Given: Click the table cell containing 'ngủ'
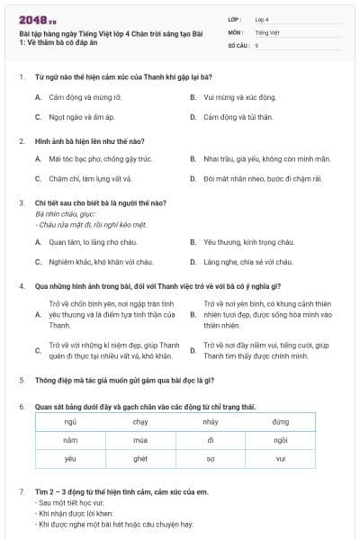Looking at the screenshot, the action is (x=70, y=421).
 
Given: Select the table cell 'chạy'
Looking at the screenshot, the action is (x=140, y=421).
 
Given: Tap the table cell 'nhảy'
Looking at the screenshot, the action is (x=211, y=421).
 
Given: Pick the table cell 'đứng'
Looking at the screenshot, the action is (x=280, y=421).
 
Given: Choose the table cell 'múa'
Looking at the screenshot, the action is (x=140, y=440).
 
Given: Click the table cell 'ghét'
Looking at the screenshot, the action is (x=140, y=459).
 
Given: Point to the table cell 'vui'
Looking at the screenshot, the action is (x=280, y=459).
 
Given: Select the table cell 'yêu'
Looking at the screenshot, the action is (x=70, y=459).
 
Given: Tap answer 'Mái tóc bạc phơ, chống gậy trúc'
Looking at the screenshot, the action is (x=100, y=158).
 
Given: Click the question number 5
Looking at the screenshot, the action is (x=22, y=381).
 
